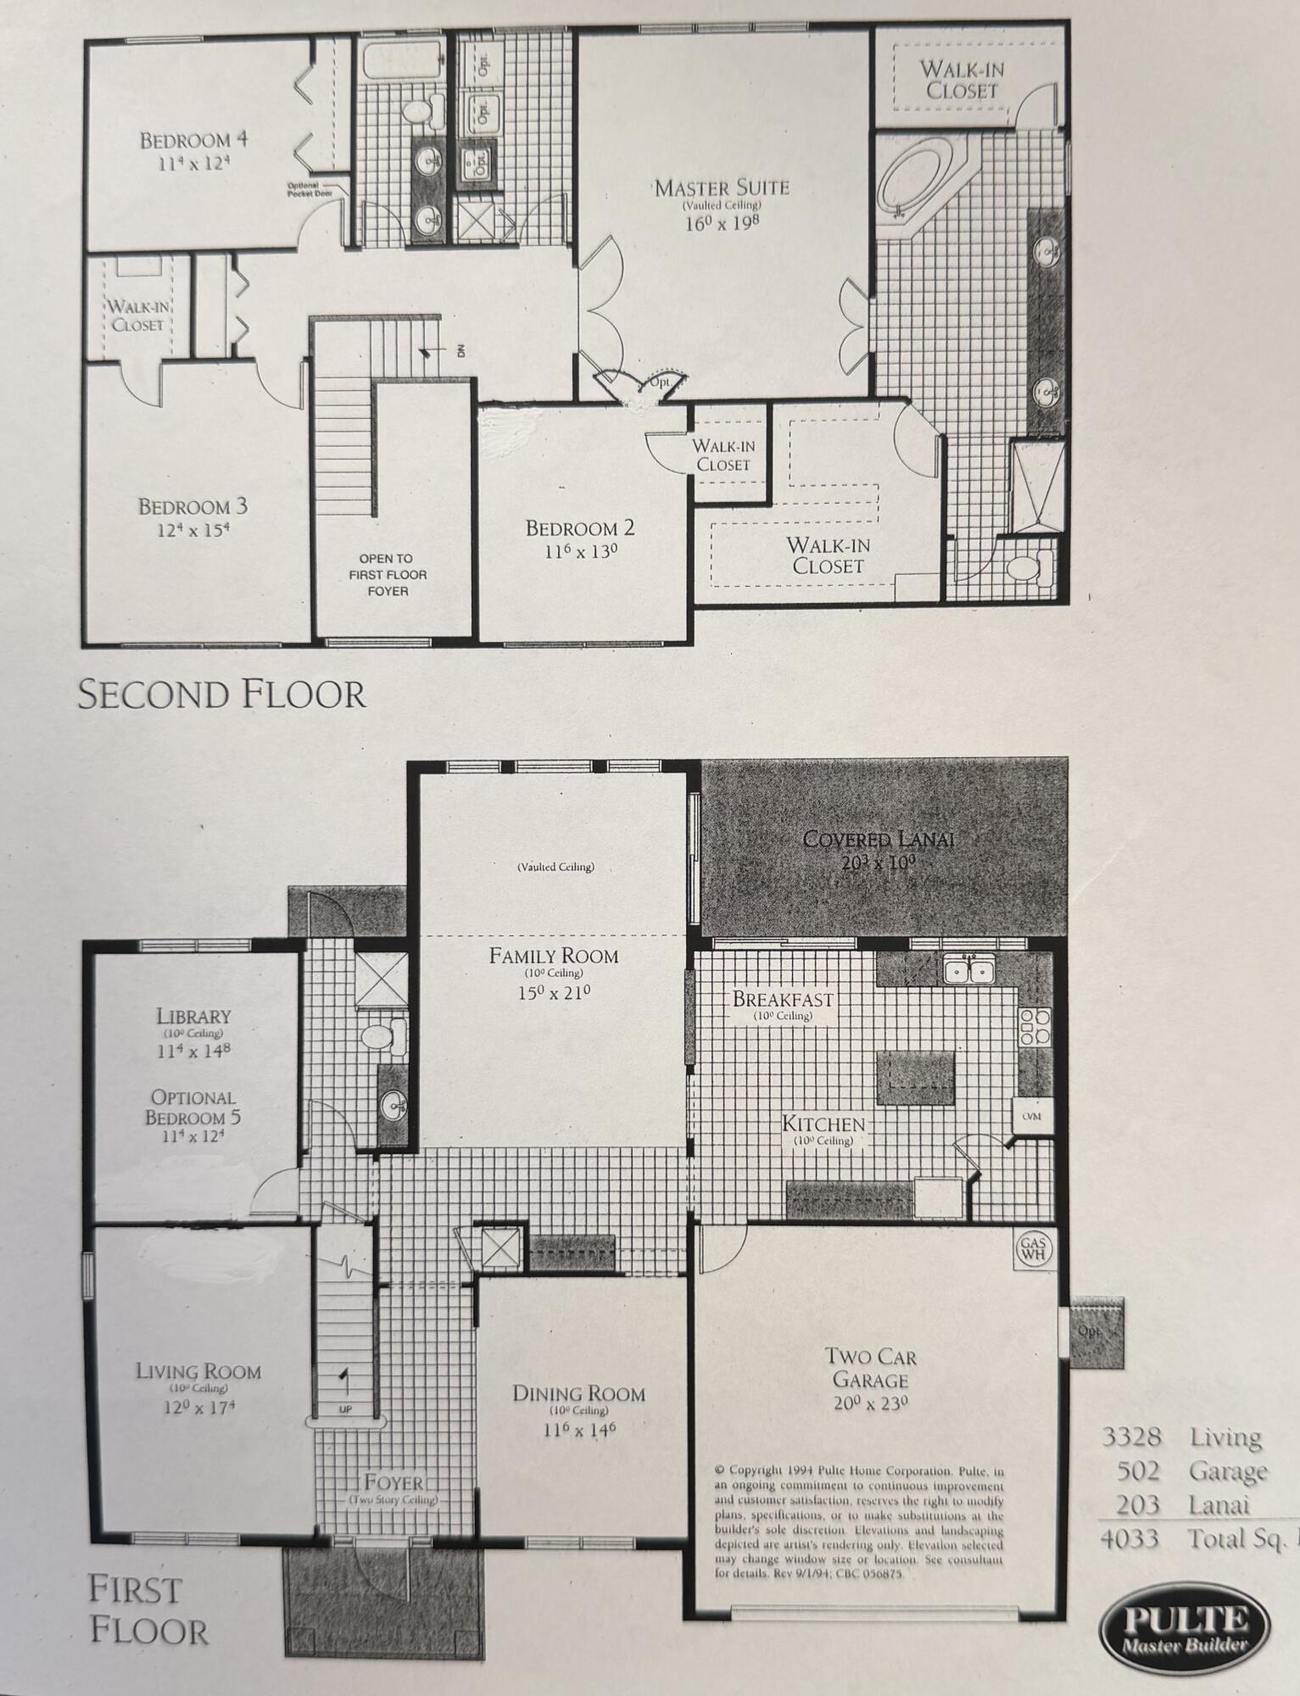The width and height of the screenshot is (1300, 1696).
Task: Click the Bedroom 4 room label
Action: tap(194, 140)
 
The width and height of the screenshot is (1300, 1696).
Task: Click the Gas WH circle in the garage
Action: tap(1034, 1249)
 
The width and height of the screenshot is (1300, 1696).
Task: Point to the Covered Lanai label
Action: tap(879, 840)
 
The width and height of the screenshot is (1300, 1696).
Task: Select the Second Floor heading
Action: tap(221, 695)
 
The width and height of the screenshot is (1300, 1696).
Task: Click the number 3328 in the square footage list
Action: tap(1131, 1437)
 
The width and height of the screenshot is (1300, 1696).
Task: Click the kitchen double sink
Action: tap(968, 968)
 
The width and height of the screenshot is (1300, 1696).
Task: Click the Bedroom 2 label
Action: tap(580, 528)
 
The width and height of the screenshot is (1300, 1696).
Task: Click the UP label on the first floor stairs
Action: tap(345, 1409)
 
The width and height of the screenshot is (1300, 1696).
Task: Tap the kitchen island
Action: tap(914, 1076)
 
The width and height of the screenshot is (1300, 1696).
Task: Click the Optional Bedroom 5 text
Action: tap(192, 1107)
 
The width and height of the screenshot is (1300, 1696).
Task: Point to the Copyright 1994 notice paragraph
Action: tap(858, 1521)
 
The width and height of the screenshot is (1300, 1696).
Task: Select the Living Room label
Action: tap(198, 1371)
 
